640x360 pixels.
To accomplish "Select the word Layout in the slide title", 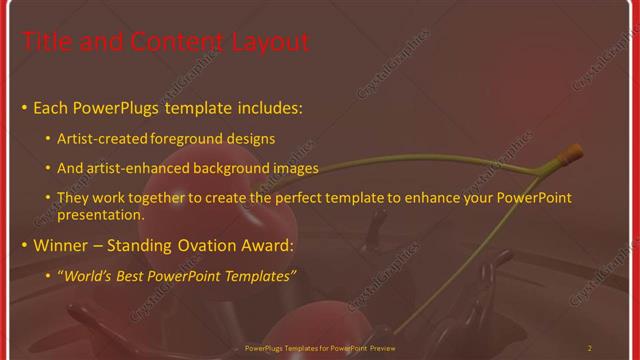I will point(269,42).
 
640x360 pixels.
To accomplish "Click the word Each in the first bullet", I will point(51,107).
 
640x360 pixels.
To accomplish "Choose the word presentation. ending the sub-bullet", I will point(103,214).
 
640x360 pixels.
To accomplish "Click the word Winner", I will point(65,245).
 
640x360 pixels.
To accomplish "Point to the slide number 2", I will point(589,348).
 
